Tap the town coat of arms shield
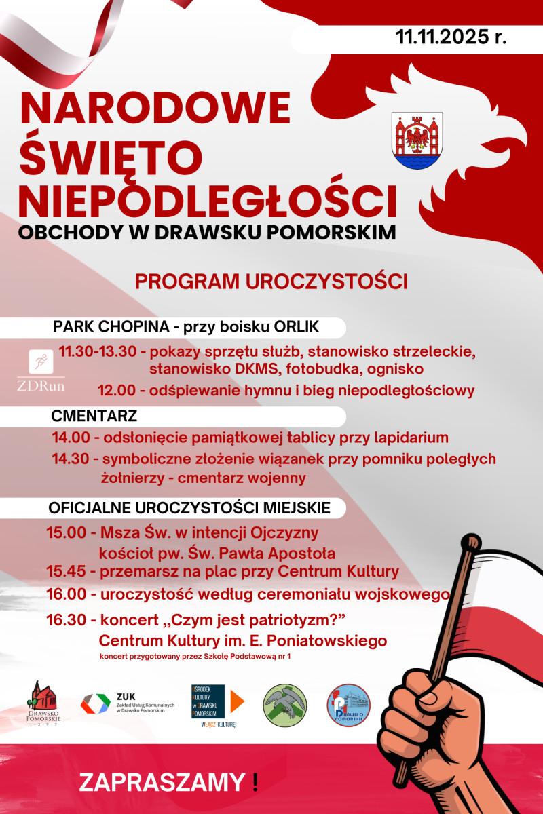(417, 141)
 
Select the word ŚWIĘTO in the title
(113, 152)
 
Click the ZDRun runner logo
(41, 370)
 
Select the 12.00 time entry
(117, 391)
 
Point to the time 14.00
(71, 438)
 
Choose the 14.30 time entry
(71, 459)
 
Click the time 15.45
(67, 571)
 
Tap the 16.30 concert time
(67, 619)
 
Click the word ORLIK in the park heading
(296, 327)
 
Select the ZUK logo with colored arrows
(96, 703)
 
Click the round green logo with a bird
(285, 705)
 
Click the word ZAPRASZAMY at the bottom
(162, 782)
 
